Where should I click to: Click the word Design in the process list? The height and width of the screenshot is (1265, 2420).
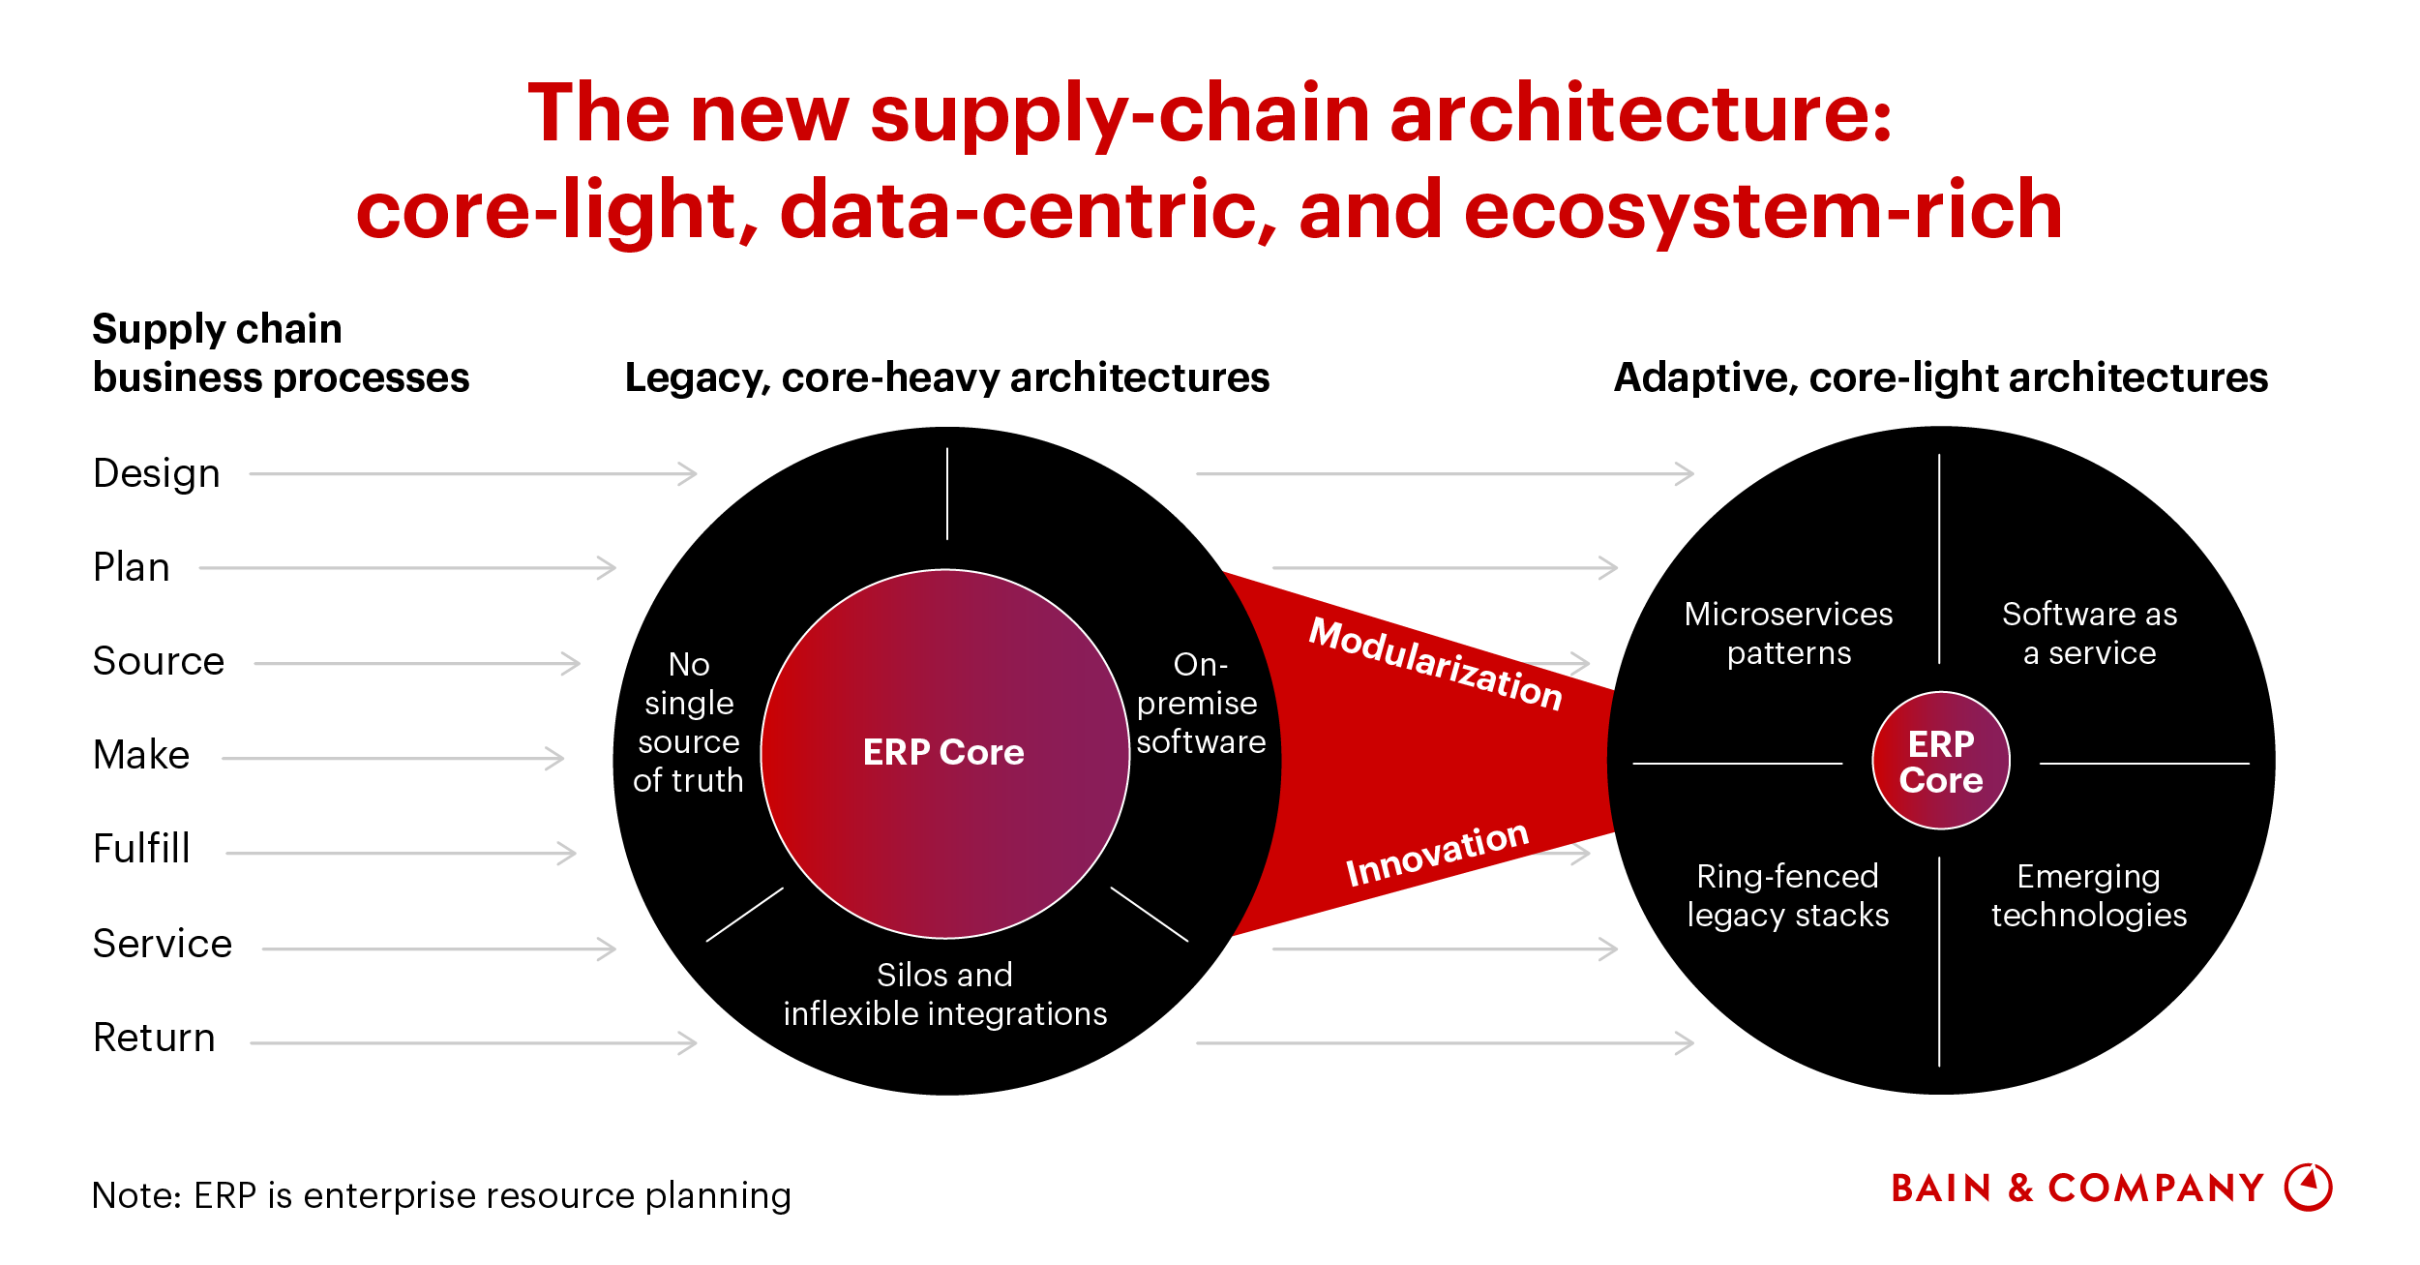point(157,474)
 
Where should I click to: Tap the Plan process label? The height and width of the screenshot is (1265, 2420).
point(132,568)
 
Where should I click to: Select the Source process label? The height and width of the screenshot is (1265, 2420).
point(159,662)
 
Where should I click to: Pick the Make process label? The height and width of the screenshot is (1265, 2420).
point(141,756)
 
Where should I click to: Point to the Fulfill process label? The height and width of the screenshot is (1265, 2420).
point(141,850)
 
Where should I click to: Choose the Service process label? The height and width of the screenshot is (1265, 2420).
point(163,945)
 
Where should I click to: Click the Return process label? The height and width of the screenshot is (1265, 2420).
point(154,1039)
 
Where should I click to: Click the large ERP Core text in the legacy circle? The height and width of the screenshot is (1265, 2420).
point(943,753)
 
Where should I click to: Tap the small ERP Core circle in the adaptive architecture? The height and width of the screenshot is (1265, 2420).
point(1940,762)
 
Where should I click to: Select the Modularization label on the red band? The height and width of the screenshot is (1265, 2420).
point(1435,664)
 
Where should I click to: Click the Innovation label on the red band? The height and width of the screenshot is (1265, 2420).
point(1437,854)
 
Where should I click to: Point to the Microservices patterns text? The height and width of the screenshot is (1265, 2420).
point(1788,634)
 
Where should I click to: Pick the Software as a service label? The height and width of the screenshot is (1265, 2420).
point(2089,634)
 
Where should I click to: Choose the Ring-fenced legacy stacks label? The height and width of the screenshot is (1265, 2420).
point(1788,896)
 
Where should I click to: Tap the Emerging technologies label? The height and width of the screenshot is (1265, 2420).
point(2089,896)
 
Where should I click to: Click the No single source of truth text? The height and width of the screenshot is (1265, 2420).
point(689,723)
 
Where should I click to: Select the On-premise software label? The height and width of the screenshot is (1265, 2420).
point(1200,704)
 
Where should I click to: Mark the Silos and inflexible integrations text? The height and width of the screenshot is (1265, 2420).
point(945,995)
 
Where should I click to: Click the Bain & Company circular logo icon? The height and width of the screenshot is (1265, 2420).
point(2309,1187)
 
